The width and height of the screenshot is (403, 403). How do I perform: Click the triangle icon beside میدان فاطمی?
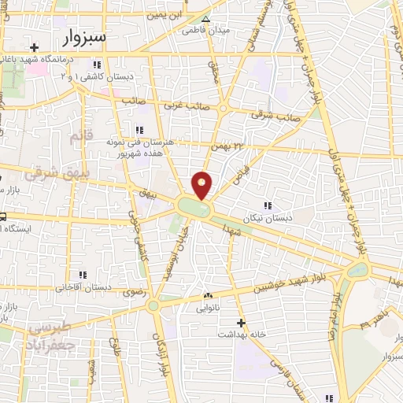205,20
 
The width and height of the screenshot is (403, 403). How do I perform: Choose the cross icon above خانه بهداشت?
241,323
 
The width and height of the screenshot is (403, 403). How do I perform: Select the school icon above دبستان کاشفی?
97,65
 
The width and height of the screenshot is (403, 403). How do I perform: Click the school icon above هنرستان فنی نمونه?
139,130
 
